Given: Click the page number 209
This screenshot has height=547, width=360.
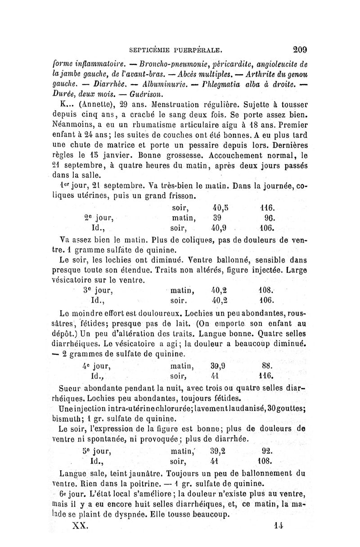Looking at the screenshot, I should (x=298, y=48).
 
